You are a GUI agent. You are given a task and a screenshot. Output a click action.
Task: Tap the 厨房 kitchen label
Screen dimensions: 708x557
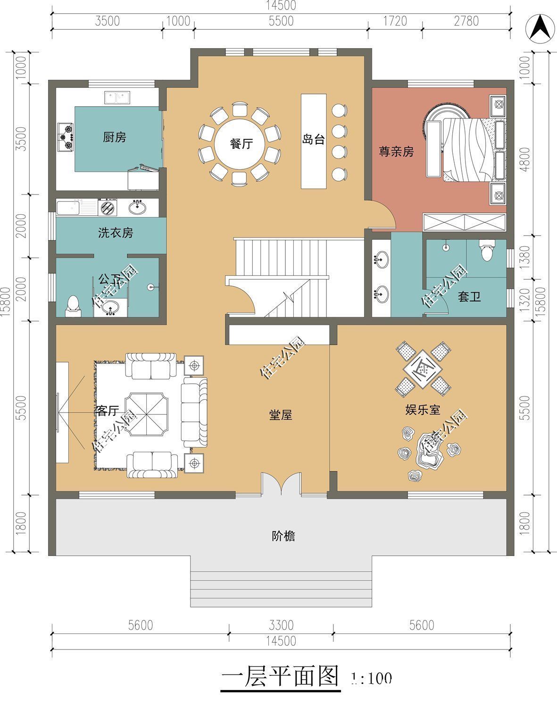tap(115, 138)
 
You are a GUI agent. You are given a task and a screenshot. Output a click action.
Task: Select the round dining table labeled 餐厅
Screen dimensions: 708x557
tap(241, 144)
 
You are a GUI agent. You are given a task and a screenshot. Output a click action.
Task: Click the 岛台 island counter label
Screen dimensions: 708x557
tap(314, 140)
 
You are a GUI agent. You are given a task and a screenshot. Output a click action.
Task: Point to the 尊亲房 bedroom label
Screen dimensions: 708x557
tap(396, 152)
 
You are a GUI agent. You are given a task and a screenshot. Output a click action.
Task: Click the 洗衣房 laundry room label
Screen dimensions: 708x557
tap(116, 233)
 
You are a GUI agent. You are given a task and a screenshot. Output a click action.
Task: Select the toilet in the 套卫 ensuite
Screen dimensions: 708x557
tap(486, 250)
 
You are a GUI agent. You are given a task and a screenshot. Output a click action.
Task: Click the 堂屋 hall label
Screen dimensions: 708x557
tap(281, 415)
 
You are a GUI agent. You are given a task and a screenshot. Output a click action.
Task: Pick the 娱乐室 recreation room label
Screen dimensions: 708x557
tap(423, 410)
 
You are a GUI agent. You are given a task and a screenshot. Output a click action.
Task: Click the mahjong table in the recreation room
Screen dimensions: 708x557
tap(423, 367)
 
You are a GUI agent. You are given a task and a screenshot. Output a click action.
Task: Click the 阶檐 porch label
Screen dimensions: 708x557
tap(283, 536)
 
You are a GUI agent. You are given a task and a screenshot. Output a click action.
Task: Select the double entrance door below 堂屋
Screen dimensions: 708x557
tap(281, 483)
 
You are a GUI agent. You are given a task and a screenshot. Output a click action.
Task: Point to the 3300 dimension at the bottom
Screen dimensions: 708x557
tap(281, 625)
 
